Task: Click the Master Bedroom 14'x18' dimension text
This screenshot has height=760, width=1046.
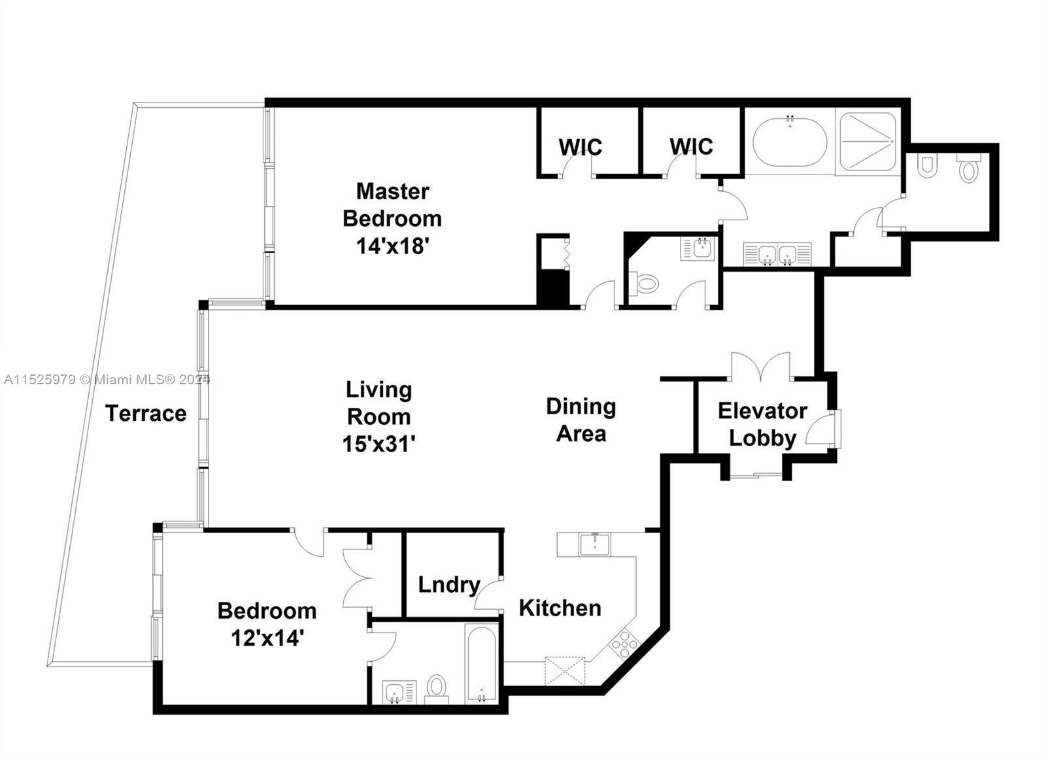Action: point(392,246)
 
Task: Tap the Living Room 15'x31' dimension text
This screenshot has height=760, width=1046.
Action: point(379,444)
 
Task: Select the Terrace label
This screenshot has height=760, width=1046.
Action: point(146,413)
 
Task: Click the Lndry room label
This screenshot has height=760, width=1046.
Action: point(448,584)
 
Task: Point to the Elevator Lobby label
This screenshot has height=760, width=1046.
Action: point(762,424)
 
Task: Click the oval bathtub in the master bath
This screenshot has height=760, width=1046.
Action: point(790,142)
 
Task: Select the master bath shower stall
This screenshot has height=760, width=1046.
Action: point(868,141)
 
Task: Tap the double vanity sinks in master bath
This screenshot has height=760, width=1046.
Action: point(777,254)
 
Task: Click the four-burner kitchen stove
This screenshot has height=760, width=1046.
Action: point(624,643)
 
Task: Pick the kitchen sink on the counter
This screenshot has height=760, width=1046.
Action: point(594,544)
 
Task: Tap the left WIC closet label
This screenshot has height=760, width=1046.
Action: point(580,146)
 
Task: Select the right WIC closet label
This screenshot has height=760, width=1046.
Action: point(691,146)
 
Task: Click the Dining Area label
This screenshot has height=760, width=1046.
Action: point(581,420)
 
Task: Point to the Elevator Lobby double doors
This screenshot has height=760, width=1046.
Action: point(760,367)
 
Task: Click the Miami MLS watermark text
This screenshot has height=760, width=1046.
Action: point(105,379)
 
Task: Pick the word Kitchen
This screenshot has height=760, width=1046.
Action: point(560,608)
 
